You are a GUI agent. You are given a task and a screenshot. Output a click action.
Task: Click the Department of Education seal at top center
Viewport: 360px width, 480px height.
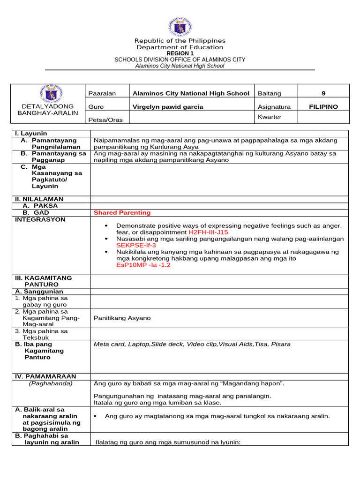(180, 28)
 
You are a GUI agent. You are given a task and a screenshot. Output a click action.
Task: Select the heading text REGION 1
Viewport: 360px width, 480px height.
(180, 53)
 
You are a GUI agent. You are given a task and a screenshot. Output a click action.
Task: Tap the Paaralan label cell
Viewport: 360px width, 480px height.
(102, 93)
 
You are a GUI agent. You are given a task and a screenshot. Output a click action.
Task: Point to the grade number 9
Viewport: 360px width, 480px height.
(323, 93)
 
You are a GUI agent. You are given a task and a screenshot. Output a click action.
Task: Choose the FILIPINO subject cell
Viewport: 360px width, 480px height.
(323, 107)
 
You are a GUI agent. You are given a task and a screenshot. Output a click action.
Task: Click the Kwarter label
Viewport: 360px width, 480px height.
(270, 117)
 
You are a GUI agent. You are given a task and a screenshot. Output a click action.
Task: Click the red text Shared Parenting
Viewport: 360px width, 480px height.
(122, 213)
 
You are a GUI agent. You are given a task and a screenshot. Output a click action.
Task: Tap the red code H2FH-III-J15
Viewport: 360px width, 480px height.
(208, 232)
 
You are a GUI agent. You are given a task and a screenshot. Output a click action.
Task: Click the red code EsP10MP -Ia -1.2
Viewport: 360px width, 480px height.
(143, 265)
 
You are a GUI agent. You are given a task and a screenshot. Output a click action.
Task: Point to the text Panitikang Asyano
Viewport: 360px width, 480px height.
(122, 318)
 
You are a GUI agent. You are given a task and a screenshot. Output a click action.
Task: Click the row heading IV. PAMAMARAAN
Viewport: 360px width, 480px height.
(46, 376)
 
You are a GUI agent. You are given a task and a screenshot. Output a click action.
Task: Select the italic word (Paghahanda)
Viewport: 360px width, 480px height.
(51, 383)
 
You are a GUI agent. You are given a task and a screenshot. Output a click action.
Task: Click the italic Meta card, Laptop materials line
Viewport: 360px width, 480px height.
(192, 344)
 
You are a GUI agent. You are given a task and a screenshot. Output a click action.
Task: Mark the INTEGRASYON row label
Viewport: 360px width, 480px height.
(41, 219)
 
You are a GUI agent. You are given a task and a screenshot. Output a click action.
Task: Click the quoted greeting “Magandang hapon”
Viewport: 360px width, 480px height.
(252, 383)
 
